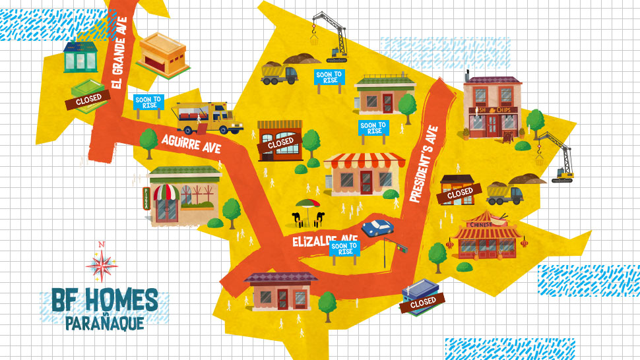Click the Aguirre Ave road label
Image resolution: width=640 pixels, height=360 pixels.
192,139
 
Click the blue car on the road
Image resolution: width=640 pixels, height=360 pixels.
377,227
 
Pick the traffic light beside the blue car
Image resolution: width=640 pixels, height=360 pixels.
400,248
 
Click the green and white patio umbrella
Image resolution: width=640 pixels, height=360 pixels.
307,204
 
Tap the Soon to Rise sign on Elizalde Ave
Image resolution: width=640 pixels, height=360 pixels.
344,249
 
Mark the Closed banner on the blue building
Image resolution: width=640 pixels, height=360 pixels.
423,301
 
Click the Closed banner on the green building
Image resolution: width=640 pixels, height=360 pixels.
88,100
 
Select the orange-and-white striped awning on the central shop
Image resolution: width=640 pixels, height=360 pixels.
364,160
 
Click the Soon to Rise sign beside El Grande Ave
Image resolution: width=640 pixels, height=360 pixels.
148,103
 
